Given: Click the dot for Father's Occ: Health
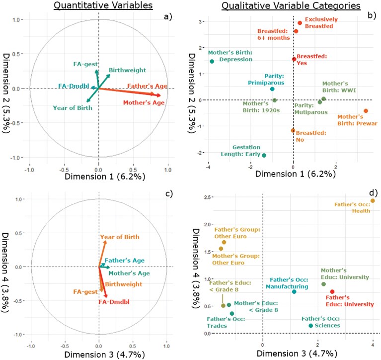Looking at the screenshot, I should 373,201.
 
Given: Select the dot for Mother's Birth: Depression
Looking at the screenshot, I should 212,61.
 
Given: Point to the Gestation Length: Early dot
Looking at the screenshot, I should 264,156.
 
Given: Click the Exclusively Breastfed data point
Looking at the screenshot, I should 300,23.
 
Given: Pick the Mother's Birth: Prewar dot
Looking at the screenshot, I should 366,111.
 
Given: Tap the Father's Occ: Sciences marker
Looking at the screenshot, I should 311,326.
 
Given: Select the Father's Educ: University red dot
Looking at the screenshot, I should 332,292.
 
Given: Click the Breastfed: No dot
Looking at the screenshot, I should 293,130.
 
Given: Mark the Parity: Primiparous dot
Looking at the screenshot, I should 272,89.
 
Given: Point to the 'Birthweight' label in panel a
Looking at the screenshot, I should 124,70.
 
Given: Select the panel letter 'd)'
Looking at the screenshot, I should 373,192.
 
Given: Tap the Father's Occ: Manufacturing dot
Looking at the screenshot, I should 295,291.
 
